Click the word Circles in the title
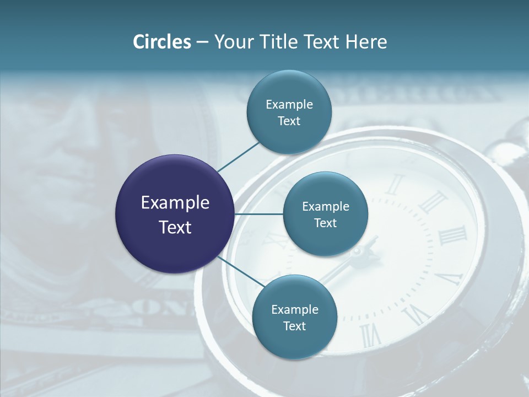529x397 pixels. coord(161,42)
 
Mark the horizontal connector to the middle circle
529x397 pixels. coord(258,214)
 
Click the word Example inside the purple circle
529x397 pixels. coord(175,203)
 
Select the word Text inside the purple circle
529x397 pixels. coord(175,227)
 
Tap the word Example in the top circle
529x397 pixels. coord(289,105)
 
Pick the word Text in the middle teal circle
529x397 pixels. coord(325,223)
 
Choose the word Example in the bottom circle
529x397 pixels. coord(295,310)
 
